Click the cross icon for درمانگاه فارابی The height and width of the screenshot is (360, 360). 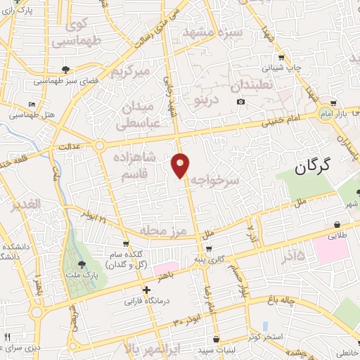(x=146, y=290)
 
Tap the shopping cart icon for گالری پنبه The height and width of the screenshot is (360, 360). (x=209, y=248)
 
